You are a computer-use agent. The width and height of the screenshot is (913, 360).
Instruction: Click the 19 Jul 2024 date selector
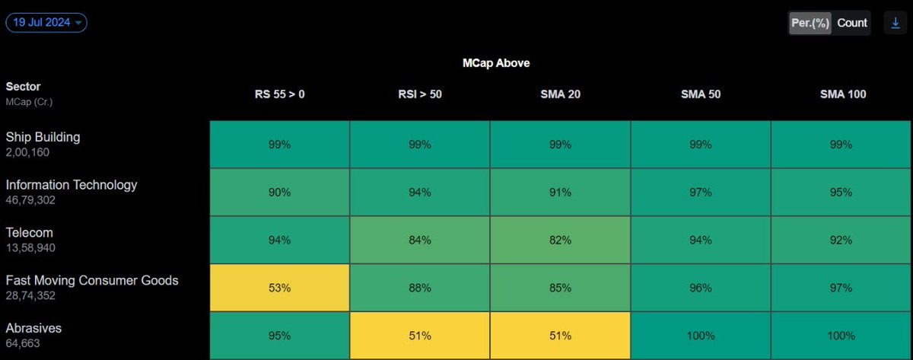tap(46, 23)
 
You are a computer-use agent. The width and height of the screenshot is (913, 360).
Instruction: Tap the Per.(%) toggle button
tap(810, 23)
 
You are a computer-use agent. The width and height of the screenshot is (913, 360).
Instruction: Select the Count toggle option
tap(852, 23)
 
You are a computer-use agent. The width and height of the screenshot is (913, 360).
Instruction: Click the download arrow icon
tap(896, 23)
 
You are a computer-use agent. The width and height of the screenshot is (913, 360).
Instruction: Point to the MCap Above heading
tap(496, 63)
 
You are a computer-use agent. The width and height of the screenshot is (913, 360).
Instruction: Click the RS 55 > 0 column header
tap(279, 94)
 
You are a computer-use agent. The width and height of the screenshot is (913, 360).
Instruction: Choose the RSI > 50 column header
tap(419, 94)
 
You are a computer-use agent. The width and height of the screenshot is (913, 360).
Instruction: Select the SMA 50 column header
tap(700, 94)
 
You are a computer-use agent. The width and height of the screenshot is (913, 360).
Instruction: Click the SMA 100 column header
tap(842, 94)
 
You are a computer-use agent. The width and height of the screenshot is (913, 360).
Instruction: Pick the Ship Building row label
tap(43, 137)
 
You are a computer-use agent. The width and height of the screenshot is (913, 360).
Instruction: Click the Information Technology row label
tap(72, 185)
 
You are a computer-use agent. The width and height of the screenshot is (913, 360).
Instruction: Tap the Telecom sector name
tap(30, 233)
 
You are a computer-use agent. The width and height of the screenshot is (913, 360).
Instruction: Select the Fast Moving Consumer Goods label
tap(92, 281)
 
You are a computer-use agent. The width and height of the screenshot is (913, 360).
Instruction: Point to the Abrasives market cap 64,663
tap(23, 343)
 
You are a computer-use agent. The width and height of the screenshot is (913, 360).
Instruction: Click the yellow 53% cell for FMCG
tap(279, 288)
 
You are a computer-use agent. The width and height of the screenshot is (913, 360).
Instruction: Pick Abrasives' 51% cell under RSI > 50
tap(419, 336)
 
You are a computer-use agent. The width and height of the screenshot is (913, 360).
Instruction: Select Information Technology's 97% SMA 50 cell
tap(700, 192)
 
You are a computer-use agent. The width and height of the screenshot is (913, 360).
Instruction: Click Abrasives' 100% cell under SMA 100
tap(841, 336)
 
